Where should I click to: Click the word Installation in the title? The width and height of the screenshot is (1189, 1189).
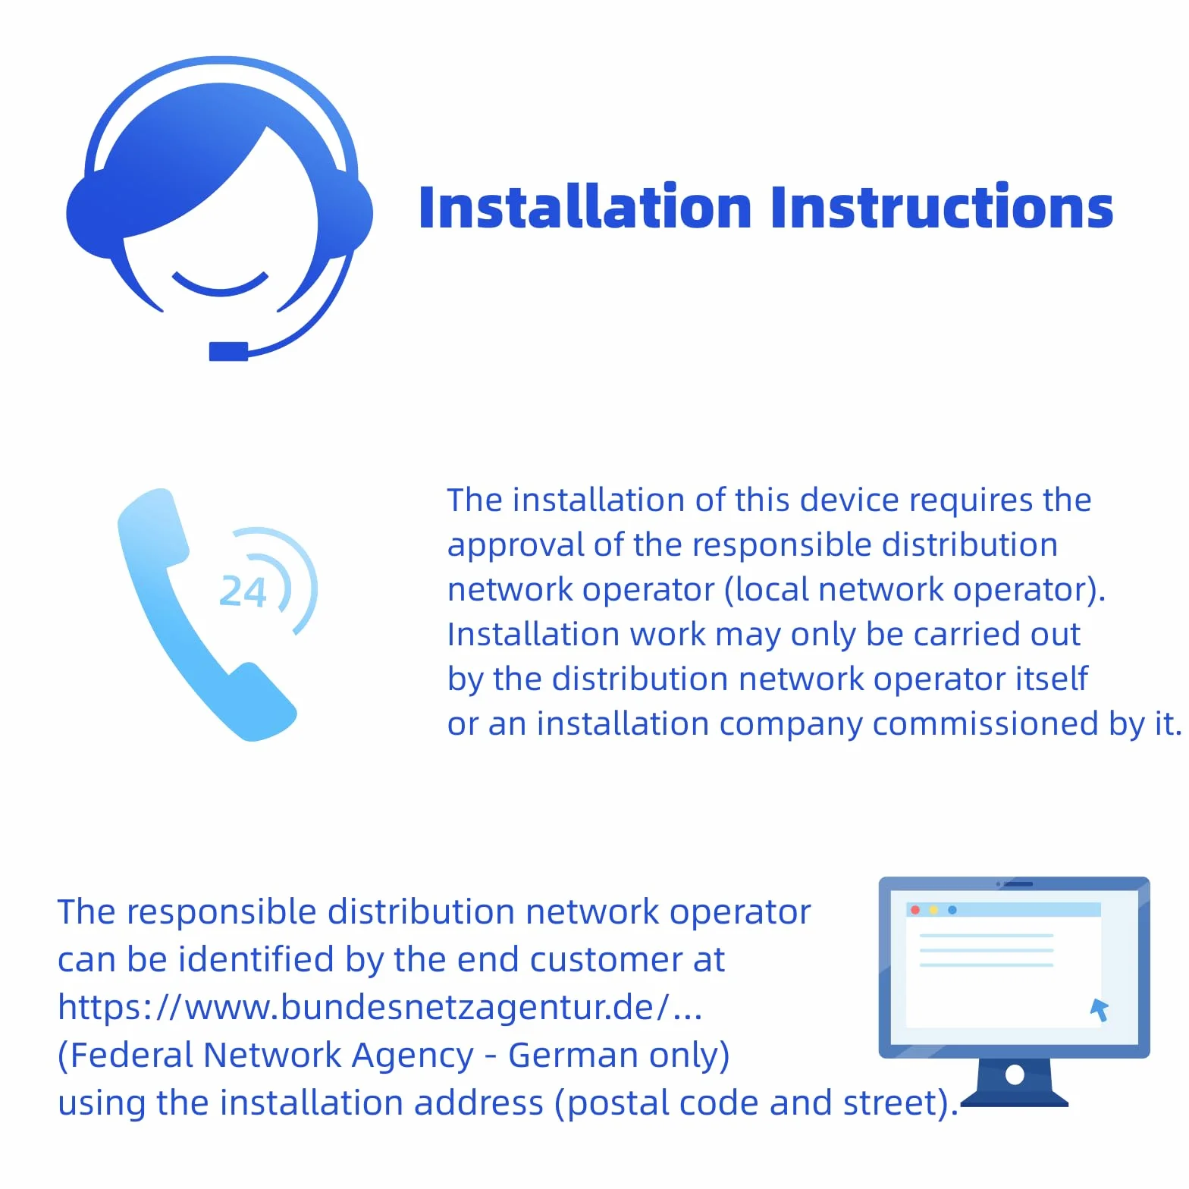(585, 207)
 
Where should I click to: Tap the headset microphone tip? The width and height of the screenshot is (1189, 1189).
(228, 351)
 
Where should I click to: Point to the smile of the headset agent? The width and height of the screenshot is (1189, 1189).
(220, 283)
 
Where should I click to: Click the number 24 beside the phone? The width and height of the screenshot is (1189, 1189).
(243, 591)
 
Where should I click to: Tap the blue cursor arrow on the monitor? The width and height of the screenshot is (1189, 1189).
(1100, 1009)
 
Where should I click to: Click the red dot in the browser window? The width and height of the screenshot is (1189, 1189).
(915, 910)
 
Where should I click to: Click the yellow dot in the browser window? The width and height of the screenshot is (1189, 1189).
(933, 910)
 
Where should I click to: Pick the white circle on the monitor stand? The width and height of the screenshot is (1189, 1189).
(1015, 1074)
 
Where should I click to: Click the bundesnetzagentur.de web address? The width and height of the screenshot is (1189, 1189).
(380, 1007)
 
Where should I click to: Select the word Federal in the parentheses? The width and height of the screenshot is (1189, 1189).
(130, 1055)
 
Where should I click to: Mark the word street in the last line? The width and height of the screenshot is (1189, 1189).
(891, 1103)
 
